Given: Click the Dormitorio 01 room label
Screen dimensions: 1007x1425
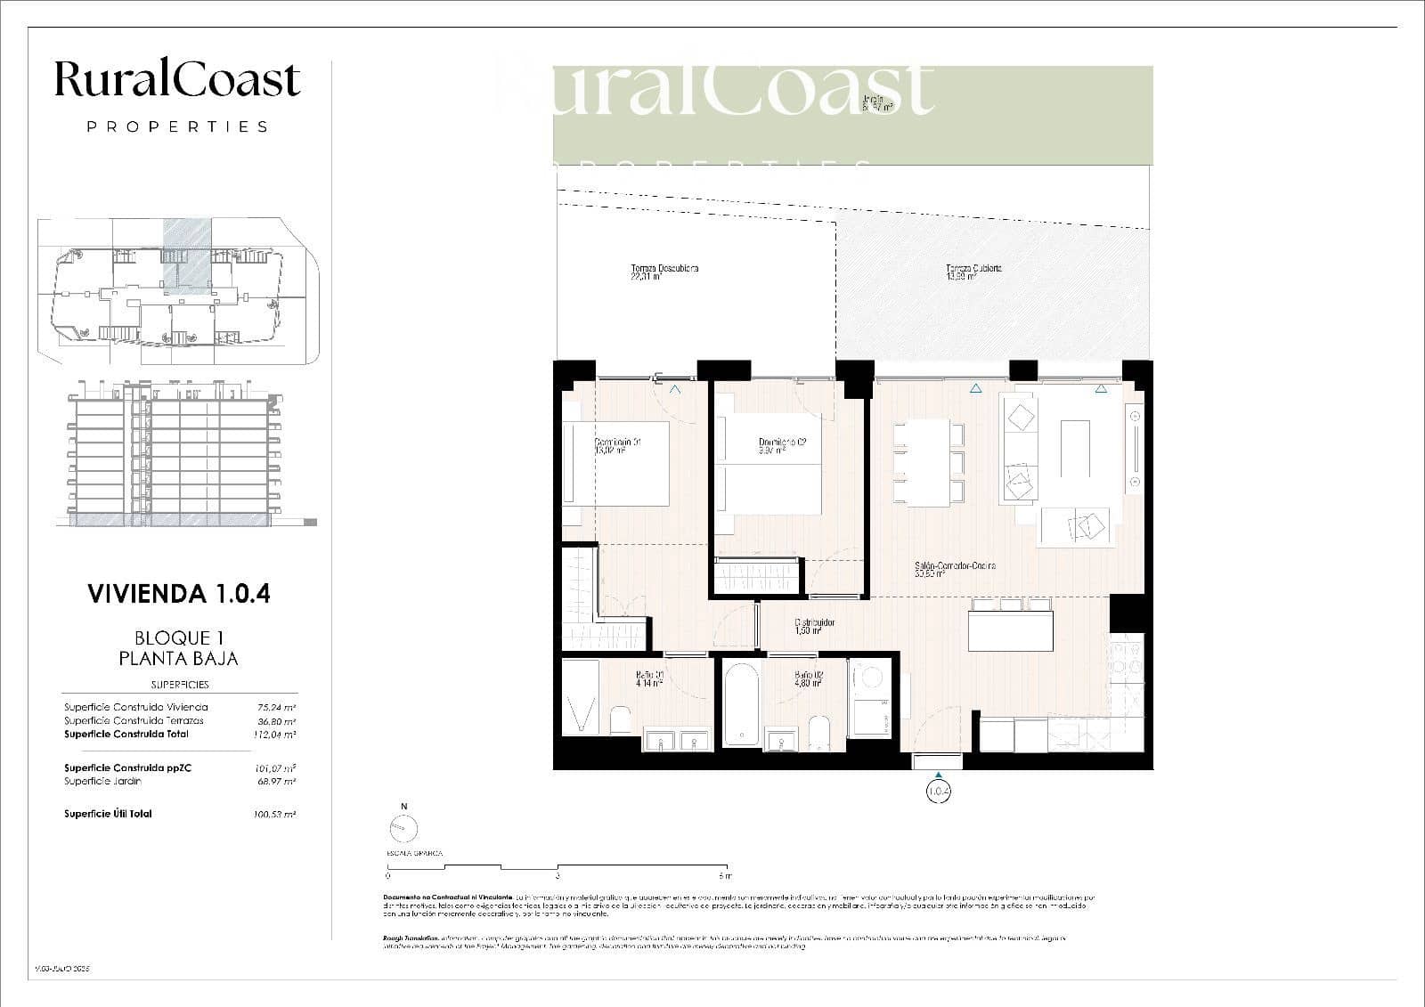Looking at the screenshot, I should pos(618,445).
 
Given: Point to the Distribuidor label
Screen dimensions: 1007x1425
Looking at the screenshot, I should pos(814,627).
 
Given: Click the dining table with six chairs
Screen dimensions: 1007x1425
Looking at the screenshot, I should pos(929,462).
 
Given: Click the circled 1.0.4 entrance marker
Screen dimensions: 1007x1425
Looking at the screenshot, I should pos(939,790).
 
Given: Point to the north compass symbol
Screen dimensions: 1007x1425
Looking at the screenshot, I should pos(403,828).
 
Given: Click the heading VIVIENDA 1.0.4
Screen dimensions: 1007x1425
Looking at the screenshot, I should pos(179,594).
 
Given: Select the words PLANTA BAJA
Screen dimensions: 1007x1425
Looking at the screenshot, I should pos(179,659).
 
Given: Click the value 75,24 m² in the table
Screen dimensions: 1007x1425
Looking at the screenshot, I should pos(275,707).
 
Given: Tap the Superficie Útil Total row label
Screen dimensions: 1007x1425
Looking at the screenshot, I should pos(108,814).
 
